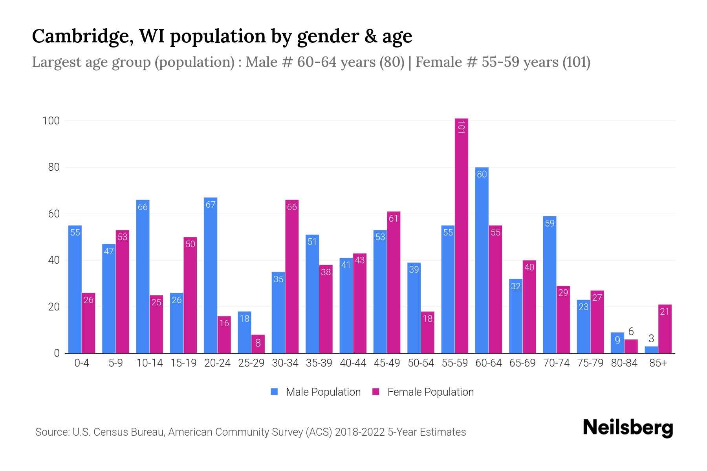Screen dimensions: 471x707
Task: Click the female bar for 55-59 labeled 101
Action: tap(462, 235)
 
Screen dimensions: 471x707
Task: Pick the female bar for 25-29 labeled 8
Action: tap(258, 344)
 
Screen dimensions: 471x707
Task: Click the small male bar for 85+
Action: tap(651, 350)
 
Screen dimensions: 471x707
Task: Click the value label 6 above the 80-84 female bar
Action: tap(631, 332)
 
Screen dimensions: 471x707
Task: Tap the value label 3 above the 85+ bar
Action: tap(651, 339)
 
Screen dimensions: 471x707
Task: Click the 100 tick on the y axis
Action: tap(51, 121)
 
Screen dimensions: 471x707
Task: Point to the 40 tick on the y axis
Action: tap(54, 260)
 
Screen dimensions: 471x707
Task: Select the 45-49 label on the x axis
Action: tap(387, 363)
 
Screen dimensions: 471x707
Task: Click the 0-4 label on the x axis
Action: tap(82, 363)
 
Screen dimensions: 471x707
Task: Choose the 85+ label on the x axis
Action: tap(658, 363)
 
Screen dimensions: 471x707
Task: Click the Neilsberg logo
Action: tap(628, 428)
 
